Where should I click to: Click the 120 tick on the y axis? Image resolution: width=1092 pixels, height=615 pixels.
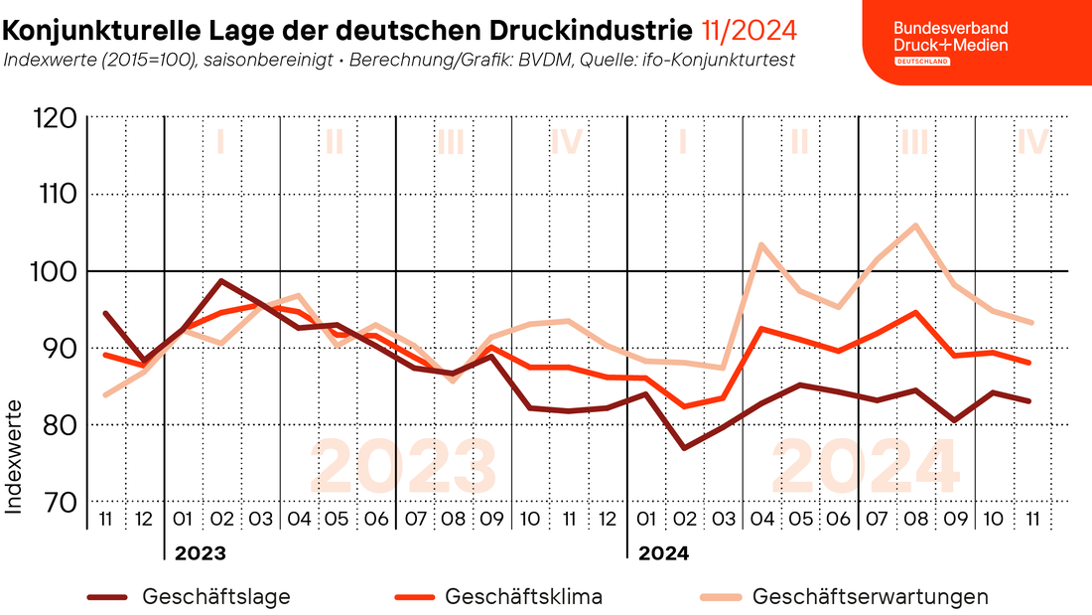pos(56,118)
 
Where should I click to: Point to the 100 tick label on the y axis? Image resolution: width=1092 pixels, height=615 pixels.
pos(53,271)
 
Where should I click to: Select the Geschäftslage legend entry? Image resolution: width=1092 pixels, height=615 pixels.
pos(189,597)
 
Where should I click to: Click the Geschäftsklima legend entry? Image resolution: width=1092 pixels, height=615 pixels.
pos(498,597)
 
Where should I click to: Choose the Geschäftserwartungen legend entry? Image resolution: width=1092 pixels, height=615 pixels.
pos(844,597)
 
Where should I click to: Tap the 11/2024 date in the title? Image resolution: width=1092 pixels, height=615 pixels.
pos(750,31)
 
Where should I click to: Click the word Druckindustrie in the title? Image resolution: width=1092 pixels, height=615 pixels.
pos(591,31)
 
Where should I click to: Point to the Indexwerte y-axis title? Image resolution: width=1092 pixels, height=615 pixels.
pos(13,457)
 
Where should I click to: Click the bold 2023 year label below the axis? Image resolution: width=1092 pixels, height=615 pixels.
pos(201,553)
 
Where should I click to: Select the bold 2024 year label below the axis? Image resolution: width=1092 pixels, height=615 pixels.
pos(664,553)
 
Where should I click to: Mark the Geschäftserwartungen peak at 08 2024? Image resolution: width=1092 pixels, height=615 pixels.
pos(915,226)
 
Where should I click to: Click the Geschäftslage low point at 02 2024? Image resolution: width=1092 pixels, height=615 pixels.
pos(684,448)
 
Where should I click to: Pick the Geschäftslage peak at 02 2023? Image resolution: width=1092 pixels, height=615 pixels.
pos(220,281)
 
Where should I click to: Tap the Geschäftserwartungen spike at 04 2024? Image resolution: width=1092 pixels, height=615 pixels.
pos(761,244)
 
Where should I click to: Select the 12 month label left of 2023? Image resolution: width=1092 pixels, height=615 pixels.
pos(144,519)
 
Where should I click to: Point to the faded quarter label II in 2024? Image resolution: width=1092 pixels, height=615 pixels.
pos(799,142)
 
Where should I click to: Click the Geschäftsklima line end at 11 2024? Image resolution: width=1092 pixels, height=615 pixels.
pos(1029,363)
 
